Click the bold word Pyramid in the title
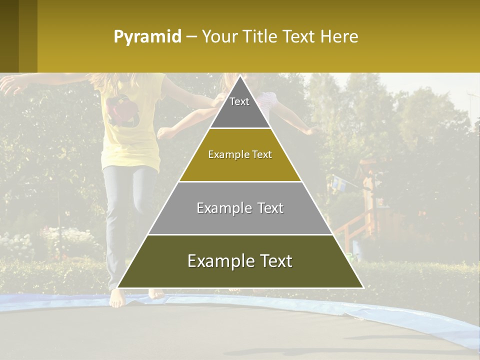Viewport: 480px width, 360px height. (x=147, y=36)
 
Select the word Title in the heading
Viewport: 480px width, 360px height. (x=260, y=36)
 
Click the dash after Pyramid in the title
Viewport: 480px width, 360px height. (x=191, y=37)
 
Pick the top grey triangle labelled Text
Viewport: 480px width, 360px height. (x=240, y=107)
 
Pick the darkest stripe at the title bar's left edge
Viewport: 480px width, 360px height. (x=9, y=36)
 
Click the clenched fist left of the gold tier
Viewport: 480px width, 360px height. (x=164, y=132)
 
